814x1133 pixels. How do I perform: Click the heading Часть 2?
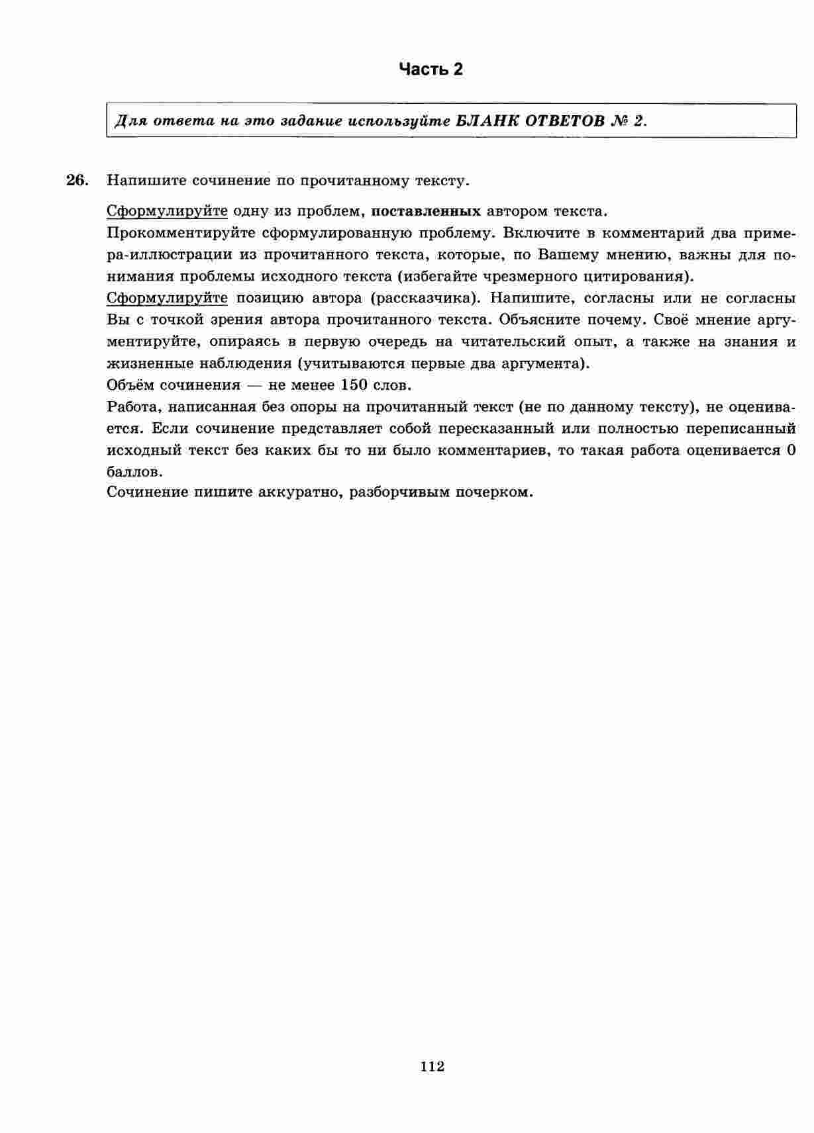click(431, 69)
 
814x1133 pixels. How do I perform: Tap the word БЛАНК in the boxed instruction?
click(487, 121)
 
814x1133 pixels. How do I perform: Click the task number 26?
click(77, 180)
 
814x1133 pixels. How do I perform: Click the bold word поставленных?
click(426, 211)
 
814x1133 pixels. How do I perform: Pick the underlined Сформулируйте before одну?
click(167, 211)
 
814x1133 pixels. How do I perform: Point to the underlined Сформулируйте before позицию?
click(167, 298)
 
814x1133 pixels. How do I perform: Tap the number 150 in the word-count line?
click(354, 385)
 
